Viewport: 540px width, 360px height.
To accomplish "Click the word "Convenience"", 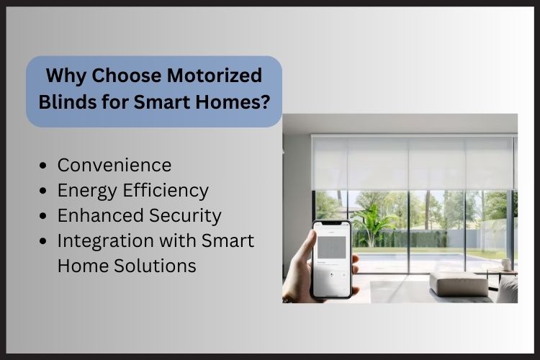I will (114, 166).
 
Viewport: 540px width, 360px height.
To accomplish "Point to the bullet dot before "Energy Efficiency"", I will (45, 191).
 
